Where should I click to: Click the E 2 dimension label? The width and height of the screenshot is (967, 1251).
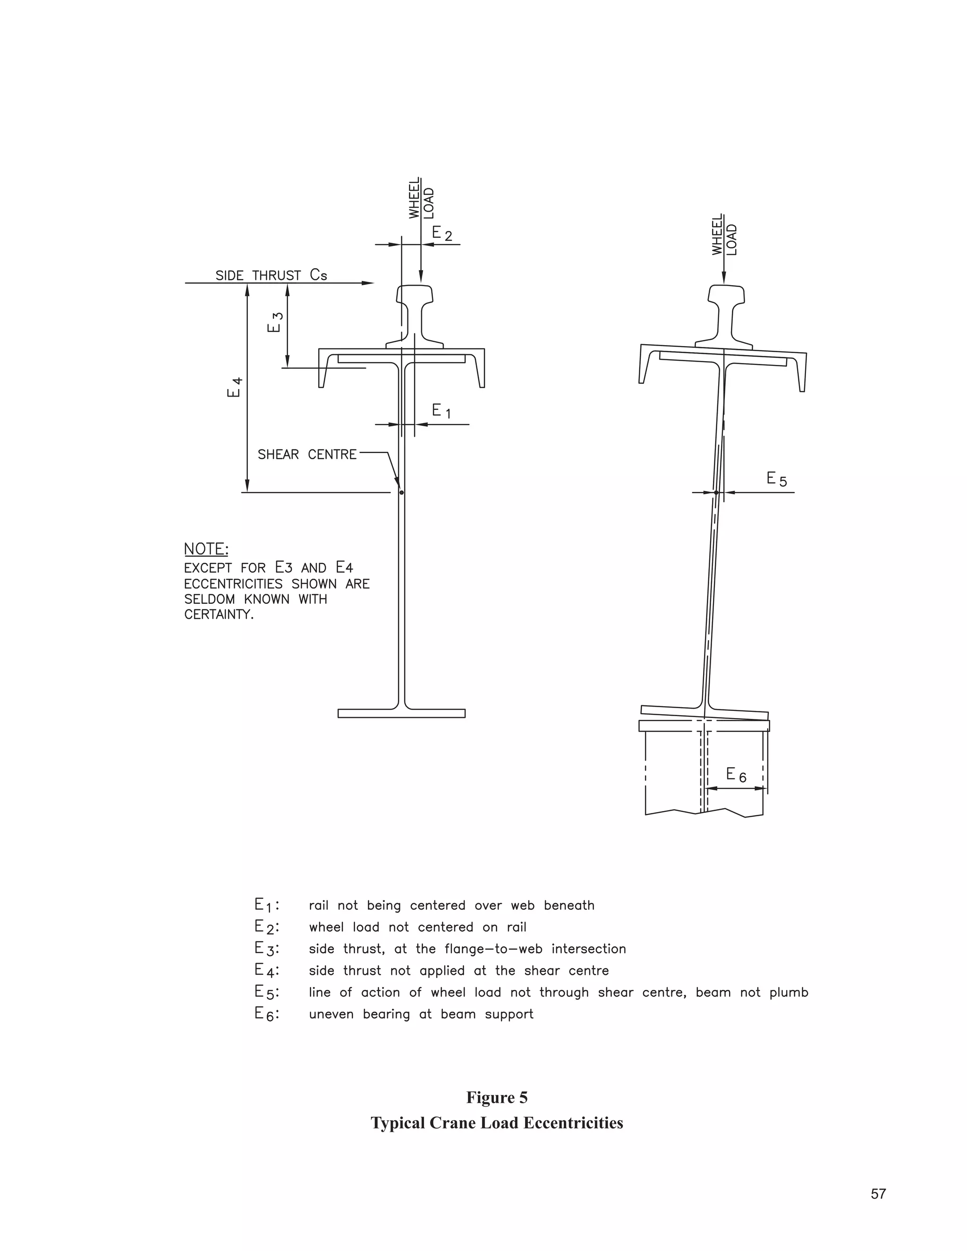tap(441, 233)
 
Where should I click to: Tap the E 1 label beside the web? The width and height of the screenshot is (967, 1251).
tap(441, 411)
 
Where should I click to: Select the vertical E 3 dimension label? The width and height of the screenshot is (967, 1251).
tap(275, 322)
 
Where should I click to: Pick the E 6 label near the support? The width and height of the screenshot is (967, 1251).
tap(736, 775)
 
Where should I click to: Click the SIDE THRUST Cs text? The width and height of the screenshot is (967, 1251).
tap(271, 276)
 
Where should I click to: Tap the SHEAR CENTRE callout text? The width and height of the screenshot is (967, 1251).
tap(307, 455)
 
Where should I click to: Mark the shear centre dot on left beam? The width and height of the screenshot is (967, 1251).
tap(402, 492)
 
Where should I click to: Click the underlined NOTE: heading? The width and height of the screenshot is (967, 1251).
tap(206, 549)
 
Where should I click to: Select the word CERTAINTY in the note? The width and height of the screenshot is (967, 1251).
tap(219, 615)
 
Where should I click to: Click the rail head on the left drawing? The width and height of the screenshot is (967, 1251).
tap(414, 294)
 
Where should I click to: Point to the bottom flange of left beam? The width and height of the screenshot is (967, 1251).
tap(402, 713)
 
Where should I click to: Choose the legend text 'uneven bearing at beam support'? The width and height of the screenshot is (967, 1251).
tap(421, 1014)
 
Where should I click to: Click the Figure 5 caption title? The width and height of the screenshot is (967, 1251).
tap(497, 1098)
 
